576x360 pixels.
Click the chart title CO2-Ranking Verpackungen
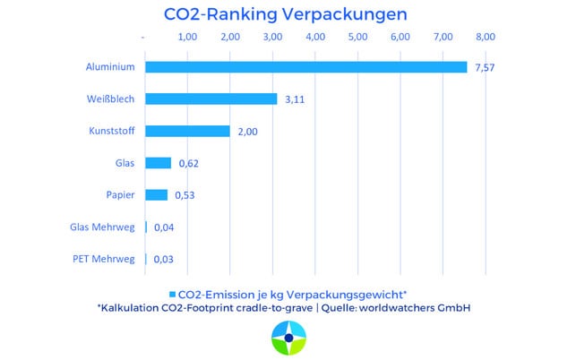point(286,14)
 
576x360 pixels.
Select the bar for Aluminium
point(305,67)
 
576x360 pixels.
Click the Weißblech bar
point(211,99)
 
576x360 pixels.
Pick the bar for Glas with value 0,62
point(158,163)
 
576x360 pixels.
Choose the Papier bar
point(156,195)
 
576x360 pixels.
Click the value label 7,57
point(485,68)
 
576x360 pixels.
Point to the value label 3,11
point(295,99)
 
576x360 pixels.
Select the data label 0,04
point(164,227)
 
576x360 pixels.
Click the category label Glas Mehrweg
point(103,227)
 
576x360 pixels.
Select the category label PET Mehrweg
point(104,260)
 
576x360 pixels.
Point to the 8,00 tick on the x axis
point(485,37)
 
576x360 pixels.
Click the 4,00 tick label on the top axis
point(314,37)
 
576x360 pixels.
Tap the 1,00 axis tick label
point(186,37)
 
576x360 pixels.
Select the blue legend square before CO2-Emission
point(173,294)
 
